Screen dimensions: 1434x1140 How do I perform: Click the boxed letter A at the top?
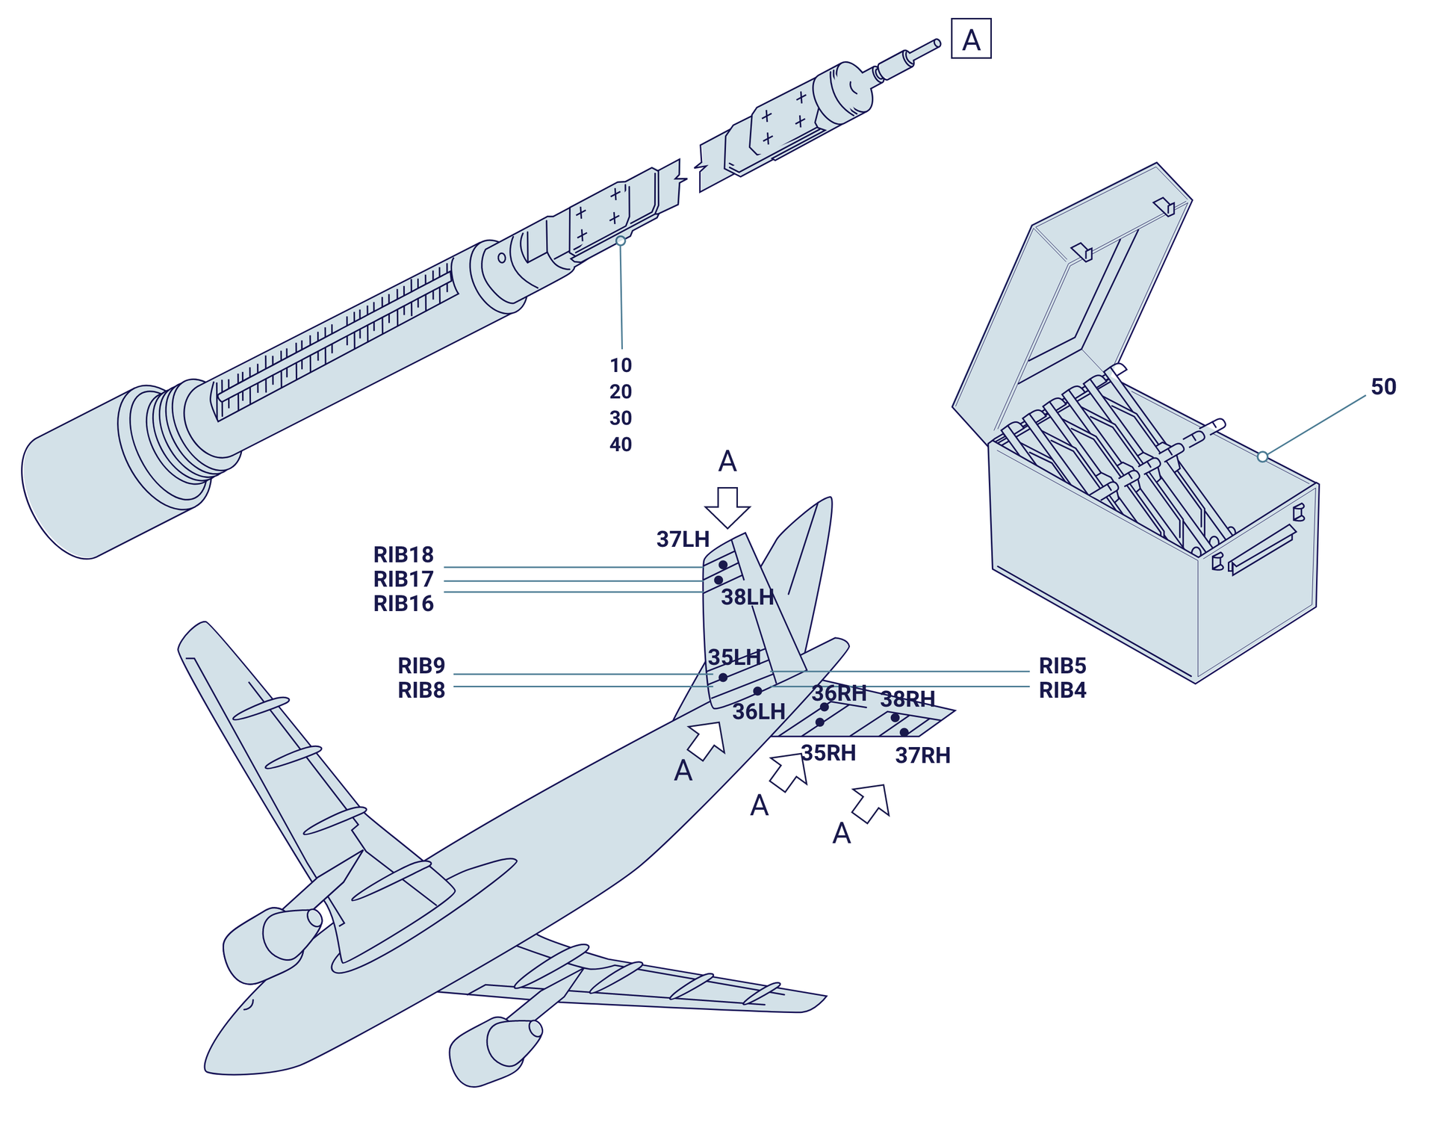pyautogui.click(x=970, y=39)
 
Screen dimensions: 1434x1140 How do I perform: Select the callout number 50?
pyautogui.click(x=1383, y=386)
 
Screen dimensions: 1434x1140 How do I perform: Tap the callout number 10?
pyautogui.click(x=621, y=365)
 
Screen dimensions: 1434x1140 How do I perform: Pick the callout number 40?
pyautogui.click(x=621, y=444)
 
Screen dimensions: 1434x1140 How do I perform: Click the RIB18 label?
pyautogui.click(x=403, y=555)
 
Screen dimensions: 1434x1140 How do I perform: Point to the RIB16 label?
pyautogui.click(x=403, y=604)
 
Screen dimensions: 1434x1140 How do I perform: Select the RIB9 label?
pyautogui.click(x=421, y=666)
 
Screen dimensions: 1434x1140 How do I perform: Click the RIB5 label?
pyautogui.click(x=1062, y=666)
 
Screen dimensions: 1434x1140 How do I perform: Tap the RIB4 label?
pyautogui.click(x=1062, y=690)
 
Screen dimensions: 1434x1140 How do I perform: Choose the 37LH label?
pyautogui.click(x=683, y=539)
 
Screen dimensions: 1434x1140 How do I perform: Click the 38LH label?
pyautogui.click(x=747, y=597)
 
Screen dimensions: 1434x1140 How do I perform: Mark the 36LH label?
pyautogui.click(x=758, y=712)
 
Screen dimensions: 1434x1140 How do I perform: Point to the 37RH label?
pyautogui.click(x=922, y=755)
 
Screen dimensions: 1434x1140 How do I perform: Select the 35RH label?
pyautogui.click(x=828, y=753)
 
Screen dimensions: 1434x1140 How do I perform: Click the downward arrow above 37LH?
pyautogui.click(x=727, y=508)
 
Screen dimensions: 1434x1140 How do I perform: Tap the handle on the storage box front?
pyautogui.click(x=1261, y=549)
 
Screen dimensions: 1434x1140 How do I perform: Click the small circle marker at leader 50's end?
pyautogui.click(x=1262, y=456)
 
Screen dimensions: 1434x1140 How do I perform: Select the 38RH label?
pyautogui.click(x=907, y=699)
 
